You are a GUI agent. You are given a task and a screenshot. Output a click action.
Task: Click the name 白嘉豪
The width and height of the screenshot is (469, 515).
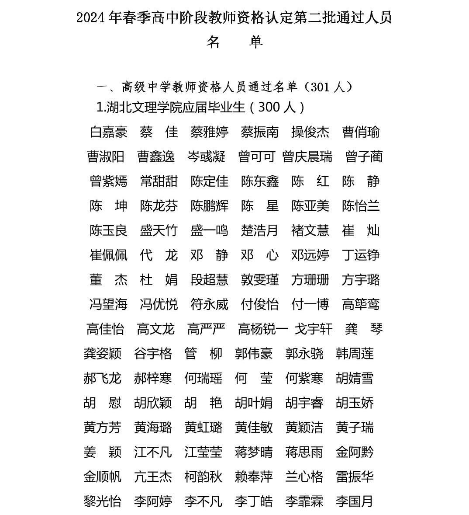pyautogui.click(x=108, y=132)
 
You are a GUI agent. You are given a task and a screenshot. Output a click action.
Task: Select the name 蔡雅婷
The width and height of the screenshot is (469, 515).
pyautogui.click(x=209, y=132)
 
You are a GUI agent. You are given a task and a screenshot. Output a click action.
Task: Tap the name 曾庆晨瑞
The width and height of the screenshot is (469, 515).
pyautogui.click(x=307, y=157)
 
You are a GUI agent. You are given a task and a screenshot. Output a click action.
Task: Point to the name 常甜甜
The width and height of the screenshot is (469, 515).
pyautogui.click(x=159, y=181)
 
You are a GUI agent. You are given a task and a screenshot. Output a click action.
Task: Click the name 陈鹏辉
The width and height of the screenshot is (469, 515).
pyautogui.click(x=209, y=206)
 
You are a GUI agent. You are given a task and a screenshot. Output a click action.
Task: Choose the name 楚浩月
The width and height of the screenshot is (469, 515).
pyautogui.click(x=259, y=230)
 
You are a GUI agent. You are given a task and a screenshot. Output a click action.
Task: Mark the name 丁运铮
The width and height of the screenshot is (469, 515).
pyautogui.click(x=360, y=255)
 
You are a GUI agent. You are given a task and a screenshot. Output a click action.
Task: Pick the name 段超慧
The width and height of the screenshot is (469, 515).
pyautogui.click(x=209, y=280)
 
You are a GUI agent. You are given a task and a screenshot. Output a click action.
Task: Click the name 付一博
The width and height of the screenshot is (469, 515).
pyautogui.click(x=310, y=304)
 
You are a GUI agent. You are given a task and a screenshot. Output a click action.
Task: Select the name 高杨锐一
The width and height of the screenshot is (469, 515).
pyautogui.click(x=263, y=329)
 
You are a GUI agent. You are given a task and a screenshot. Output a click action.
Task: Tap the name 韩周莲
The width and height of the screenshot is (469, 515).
pyautogui.click(x=355, y=354)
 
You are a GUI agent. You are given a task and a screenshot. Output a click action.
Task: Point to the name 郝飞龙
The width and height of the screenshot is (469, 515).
pyautogui.click(x=102, y=378)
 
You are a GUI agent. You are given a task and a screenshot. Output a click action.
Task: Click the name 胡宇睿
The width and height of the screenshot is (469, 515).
pyautogui.click(x=304, y=403)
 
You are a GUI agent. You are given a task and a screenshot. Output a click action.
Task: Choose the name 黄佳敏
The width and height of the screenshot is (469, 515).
pyautogui.click(x=254, y=428)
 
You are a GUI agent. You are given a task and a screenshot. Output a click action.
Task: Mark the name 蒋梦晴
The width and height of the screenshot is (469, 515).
pyautogui.click(x=254, y=452)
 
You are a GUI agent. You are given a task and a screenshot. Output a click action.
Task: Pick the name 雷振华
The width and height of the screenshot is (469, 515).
pyautogui.click(x=355, y=477)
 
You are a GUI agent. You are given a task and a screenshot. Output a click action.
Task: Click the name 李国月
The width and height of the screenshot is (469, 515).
pyautogui.click(x=355, y=501)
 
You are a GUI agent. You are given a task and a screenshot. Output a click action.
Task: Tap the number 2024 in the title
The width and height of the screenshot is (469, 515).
pyautogui.click(x=90, y=18)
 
